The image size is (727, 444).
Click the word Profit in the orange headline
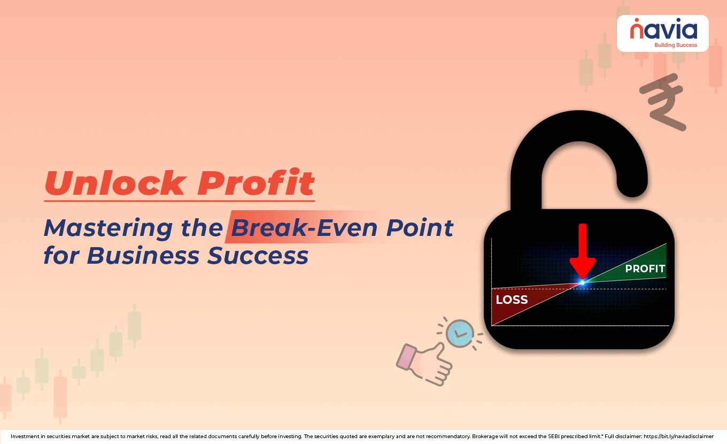(x=256, y=183)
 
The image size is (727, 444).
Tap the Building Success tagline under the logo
(x=676, y=45)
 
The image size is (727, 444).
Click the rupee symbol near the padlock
(x=663, y=102)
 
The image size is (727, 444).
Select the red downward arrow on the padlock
(x=582, y=251)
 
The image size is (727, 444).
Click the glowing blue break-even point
(x=582, y=281)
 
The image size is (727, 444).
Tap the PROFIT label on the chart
(x=645, y=269)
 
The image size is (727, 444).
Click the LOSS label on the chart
(x=512, y=300)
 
